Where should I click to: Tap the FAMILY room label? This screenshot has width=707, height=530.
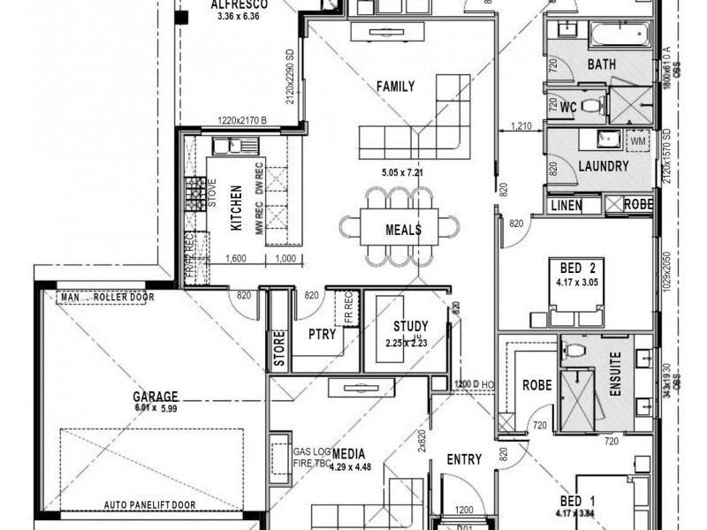395,87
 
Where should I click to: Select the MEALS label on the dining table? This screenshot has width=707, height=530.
403,230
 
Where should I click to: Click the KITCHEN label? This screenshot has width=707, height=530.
237,208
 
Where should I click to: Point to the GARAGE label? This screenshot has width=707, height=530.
156,397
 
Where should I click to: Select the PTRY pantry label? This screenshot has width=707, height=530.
321,335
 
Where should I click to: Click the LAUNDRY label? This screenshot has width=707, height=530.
603,166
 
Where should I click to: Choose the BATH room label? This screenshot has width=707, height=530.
601,64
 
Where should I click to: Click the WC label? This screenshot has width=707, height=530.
568,107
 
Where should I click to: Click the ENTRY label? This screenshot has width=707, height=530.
463,459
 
